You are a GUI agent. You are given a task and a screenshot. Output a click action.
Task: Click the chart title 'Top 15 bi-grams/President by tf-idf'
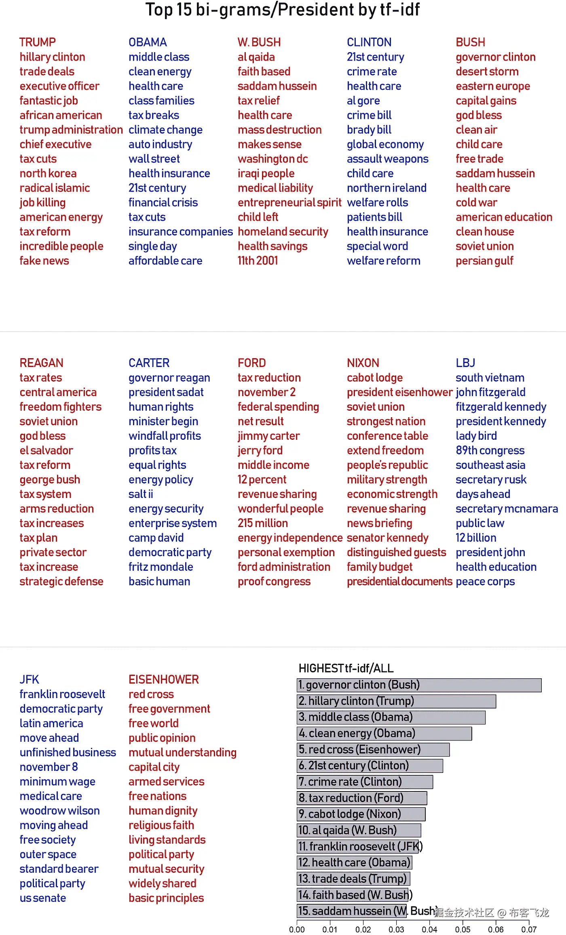[x=283, y=10]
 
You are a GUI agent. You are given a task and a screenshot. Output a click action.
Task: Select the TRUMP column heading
[x=38, y=42]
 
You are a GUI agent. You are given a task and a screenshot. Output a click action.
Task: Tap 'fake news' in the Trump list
[x=44, y=261]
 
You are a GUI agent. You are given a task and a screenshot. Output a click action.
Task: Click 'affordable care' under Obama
[x=165, y=261]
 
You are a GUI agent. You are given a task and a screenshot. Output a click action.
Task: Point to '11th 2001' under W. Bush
[x=258, y=261]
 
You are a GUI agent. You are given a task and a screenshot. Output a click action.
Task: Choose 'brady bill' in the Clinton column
[x=369, y=130]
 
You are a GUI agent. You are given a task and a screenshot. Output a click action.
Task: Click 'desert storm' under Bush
[x=487, y=72]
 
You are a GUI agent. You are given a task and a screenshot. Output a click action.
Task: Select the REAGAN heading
[x=42, y=363]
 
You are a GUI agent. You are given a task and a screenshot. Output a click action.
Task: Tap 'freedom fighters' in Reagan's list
[x=61, y=407]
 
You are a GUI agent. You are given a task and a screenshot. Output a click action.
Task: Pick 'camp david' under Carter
[x=156, y=538]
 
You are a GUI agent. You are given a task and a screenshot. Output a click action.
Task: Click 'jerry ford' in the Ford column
[x=260, y=450]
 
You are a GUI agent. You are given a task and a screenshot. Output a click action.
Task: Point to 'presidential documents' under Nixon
[x=399, y=581]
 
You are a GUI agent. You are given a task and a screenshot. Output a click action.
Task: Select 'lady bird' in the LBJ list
[x=476, y=436]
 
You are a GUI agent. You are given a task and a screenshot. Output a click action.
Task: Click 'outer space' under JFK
[x=48, y=854]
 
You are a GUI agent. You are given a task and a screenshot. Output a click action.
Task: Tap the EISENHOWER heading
[x=164, y=680]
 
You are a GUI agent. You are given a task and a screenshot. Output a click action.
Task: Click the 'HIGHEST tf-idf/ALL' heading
[x=346, y=668]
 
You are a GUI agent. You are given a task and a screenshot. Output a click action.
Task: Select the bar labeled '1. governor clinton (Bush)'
[x=419, y=685]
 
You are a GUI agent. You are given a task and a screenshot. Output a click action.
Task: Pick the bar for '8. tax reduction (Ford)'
[x=362, y=798]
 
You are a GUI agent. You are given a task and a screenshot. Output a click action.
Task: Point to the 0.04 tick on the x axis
[x=429, y=929]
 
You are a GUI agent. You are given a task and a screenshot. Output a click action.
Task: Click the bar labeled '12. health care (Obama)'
[x=355, y=863]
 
